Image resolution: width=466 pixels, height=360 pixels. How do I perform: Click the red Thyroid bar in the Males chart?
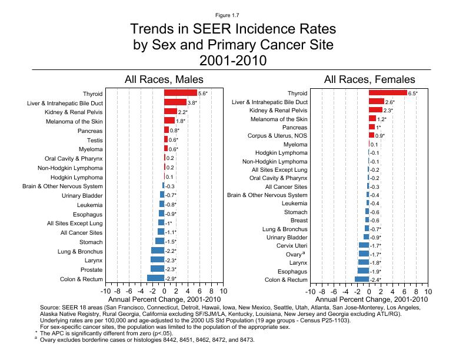click(181, 93)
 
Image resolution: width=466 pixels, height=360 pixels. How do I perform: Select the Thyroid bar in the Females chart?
click(388, 93)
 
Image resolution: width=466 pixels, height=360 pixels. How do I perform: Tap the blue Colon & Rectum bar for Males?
click(155, 278)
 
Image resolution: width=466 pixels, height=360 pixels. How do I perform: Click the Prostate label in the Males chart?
click(90, 269)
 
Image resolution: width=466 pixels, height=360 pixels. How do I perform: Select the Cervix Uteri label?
click(292, 245)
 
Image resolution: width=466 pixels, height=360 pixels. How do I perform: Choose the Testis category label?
click(95, 140)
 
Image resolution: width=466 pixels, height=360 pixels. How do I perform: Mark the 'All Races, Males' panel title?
click(164, 79)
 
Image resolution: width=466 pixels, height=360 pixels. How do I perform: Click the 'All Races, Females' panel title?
click(370, 79)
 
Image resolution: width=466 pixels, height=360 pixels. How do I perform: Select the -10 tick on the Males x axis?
click(106, 292)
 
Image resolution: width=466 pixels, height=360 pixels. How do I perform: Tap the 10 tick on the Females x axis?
click(428, 292)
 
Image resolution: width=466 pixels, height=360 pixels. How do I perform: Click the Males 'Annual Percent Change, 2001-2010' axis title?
click(164, 300)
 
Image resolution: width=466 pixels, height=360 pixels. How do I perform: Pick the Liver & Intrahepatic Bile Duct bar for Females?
click(377, 102)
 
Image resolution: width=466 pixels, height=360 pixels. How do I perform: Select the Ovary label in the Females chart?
click(293, 254)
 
